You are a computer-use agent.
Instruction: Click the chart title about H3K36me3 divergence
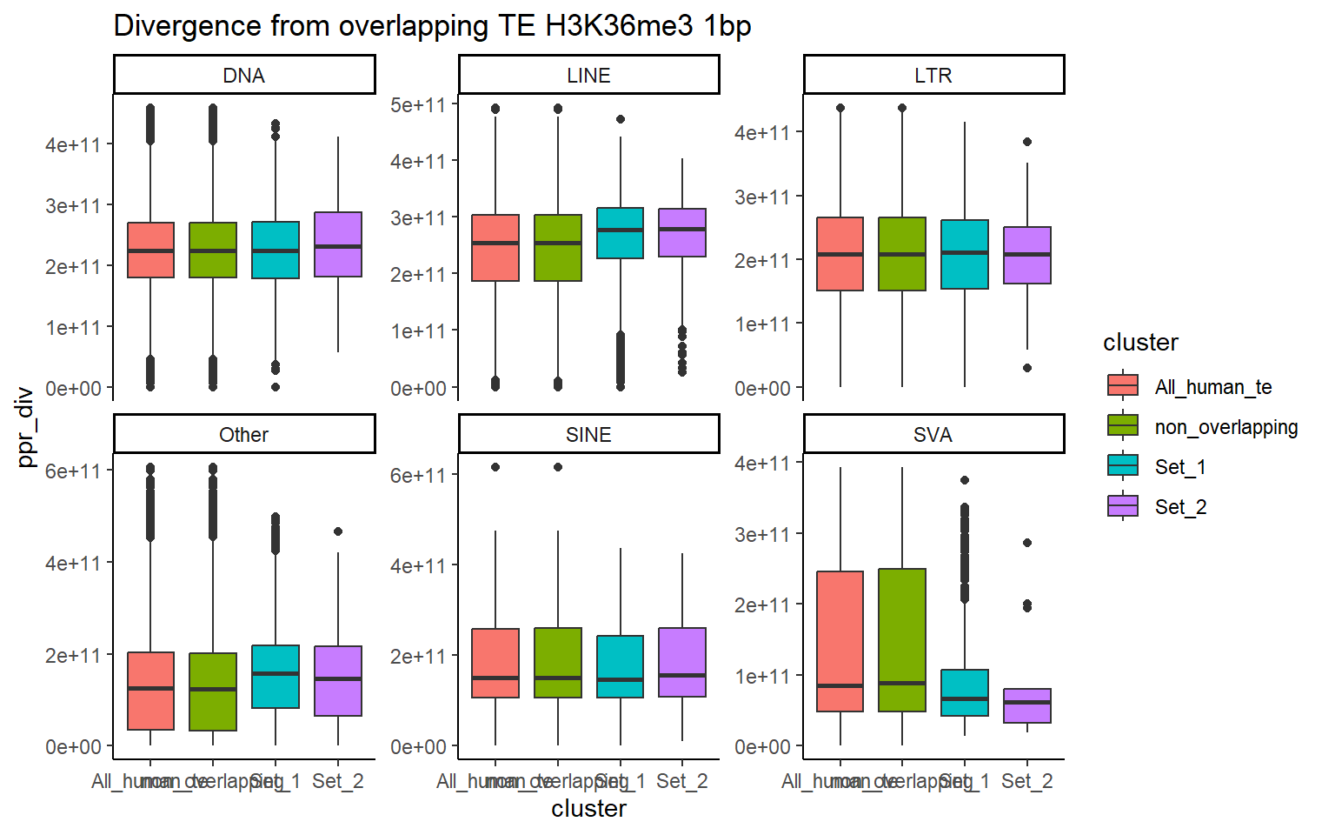[432, 26]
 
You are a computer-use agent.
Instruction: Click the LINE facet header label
[588, 76]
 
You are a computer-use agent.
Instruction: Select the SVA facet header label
[933, 435]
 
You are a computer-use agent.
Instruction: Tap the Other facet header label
[243, 435]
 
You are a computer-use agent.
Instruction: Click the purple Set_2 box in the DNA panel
[338, 244]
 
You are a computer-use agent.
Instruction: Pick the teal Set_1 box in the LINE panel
[621, 233]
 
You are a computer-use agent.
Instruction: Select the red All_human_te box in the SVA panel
[840, 641]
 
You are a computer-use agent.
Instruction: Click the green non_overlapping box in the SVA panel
[902, 639]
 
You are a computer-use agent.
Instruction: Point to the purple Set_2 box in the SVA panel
[1027, 705]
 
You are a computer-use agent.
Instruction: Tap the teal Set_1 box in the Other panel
[276, 677]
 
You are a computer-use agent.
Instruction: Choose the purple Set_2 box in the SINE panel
[682, 662]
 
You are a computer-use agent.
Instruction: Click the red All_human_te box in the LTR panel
[840, 254]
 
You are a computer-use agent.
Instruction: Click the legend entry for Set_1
[1179, 467]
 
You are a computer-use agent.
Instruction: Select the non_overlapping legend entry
[1225, 427]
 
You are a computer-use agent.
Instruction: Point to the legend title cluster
[1140, 343]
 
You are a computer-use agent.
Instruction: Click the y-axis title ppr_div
[25, 427]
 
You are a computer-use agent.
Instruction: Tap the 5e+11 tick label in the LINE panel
[418, 105]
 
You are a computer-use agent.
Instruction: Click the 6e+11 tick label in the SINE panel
[418, 476]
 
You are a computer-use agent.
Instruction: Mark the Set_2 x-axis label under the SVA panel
[1026, 781]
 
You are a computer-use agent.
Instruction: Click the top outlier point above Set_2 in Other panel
[338, 531]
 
